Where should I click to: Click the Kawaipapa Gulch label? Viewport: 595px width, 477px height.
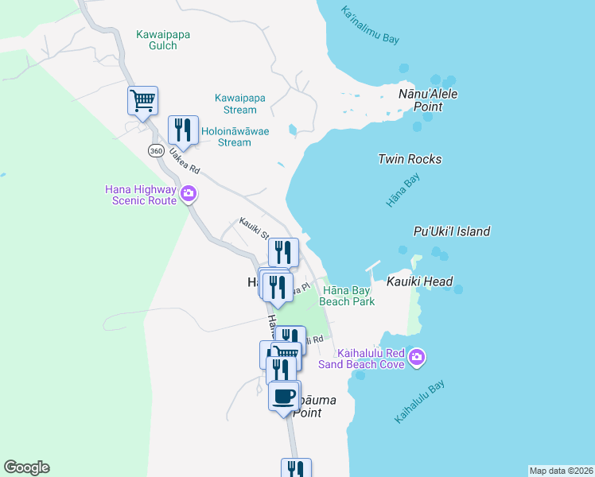tap(164, 41)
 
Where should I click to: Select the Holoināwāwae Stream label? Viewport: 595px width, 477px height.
tap(235, 137)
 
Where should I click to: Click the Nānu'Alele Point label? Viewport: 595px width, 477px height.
tap(429, 100)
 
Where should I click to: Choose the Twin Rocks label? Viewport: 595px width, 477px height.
tap(410, 159)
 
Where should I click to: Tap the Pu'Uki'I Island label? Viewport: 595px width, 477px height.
tap(452, 231)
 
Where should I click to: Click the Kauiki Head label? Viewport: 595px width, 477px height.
tap(420, 281)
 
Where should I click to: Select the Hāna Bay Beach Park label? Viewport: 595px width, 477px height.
tap(347, 297)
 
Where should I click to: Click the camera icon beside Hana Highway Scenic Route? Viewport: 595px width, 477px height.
tap(189, 192)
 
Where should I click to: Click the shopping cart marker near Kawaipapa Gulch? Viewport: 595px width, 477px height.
tap(143, 101)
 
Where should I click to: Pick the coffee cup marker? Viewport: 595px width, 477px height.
tap(284, 395)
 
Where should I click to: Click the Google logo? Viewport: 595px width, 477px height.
tap(26, 467)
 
